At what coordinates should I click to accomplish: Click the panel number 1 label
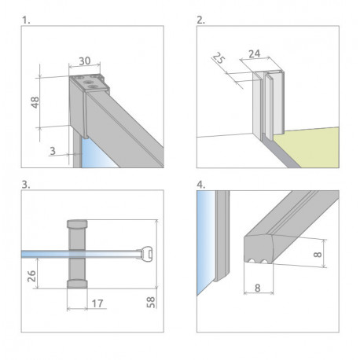click(x=26, y=20)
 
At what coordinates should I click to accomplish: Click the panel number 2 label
click(x=200, y=20)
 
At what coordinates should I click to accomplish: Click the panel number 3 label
click(x=26, y=185)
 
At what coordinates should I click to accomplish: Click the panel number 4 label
click(x=201, y=185)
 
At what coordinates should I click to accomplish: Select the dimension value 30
click(x=85, y=61)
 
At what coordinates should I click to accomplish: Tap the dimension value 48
click(x=35, y=102)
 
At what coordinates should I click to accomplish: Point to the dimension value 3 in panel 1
click(x=53, y=151)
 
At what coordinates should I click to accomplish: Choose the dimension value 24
click(x=255, y=53)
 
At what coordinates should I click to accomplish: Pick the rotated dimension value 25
click(x=218, y=58)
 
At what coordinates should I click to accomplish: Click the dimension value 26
click(x=31, y=276)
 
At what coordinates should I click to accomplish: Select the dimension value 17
click(x=97, y=303)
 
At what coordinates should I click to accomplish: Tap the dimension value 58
click(x=150, y=303)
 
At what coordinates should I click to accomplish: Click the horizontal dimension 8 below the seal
click(x=258, y=288)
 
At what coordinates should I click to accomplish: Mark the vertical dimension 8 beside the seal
click(x=318, y=254)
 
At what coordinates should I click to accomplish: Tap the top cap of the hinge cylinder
click(x=77, y=224)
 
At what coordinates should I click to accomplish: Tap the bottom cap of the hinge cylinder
click(x=77, y=284)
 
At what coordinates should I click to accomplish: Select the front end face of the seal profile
click(x=259, y=249)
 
